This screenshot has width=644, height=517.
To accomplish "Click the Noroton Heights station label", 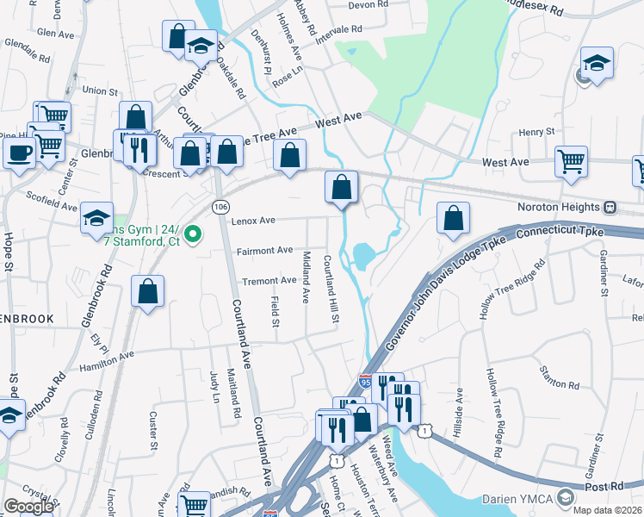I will (x=558, y=208).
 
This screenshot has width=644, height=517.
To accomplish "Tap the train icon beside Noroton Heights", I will (x=610, y=208).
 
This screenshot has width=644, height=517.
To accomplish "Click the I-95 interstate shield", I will (x=367, y=380).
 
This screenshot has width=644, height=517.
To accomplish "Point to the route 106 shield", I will (x=220, y=207).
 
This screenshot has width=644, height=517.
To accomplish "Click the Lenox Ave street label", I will (x=252, y=221).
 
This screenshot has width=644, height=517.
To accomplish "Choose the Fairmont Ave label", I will (x=265, y=251).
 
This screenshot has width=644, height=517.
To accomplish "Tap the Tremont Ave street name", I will (x=269, y=281).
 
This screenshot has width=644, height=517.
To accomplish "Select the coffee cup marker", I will (x=18, y=153).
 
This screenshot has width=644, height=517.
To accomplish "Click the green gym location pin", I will (x=195, y=234).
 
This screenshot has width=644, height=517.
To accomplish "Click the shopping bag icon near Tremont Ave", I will (x=148, y=290).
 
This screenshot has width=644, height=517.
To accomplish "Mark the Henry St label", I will (x=537, y=132).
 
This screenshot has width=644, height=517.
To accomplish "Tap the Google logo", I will (x=28, y=507).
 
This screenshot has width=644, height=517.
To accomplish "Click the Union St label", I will (x=100, y=90).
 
